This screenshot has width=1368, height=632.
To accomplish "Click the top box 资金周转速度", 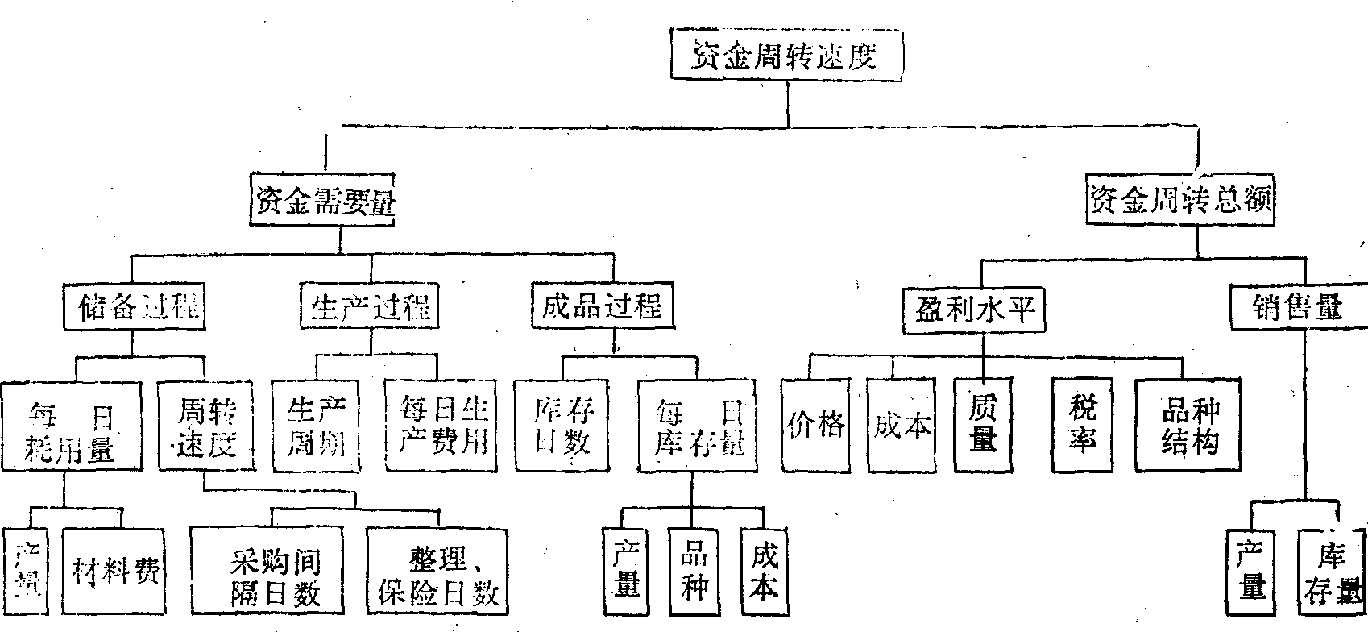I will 786,55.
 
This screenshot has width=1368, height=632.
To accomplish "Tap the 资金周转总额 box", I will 1180,199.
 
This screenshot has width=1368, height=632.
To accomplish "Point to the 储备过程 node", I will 133,306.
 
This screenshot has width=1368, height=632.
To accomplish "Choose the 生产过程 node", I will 370,306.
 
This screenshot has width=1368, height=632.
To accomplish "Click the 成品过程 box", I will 601,306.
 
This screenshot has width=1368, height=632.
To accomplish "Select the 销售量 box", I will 1297,307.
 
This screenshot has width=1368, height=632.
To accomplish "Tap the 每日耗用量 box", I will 72,427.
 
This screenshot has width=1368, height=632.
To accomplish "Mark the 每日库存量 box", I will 698,427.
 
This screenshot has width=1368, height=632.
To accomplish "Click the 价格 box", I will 815,425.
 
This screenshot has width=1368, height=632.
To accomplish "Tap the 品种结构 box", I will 1188,425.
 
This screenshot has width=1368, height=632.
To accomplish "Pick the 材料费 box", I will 115,571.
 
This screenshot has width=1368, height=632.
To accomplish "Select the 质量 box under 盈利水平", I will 983,425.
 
